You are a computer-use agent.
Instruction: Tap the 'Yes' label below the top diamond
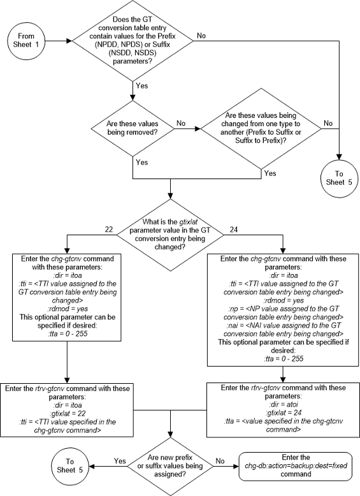141,84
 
